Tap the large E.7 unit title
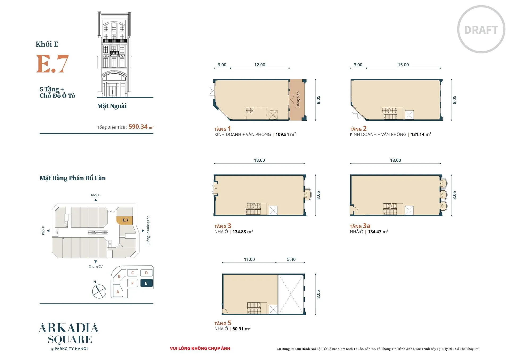52,64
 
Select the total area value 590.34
138,127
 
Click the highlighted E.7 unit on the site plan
124,220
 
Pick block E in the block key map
146,283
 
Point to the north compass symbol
99,291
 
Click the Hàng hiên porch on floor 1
298,100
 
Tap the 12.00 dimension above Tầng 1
260,65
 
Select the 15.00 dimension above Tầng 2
403,65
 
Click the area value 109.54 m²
286,135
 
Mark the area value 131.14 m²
421,135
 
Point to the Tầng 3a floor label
360,226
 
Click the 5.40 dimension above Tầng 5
291,259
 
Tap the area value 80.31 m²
241,329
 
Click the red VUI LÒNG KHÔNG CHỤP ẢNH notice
200,348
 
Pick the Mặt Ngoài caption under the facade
112,106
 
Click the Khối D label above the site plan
96,195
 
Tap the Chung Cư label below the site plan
96,266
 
